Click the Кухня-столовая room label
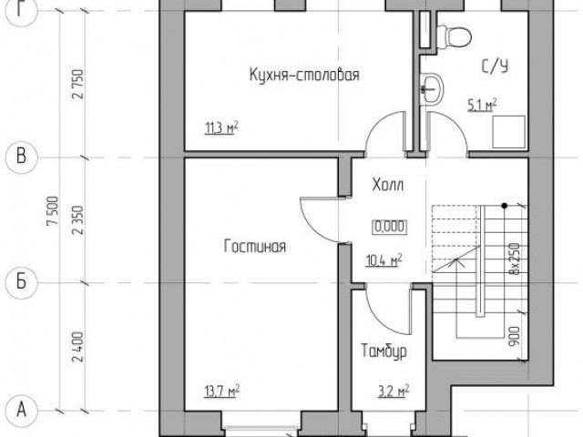(304, 75)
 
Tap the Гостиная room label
(255, 247)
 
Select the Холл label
(388, 185)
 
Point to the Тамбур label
(384, 351)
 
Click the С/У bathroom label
(495, 66)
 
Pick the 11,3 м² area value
(221, 128)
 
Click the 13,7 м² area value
(221, 391)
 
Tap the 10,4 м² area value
(384, 260)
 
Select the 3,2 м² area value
(394, 391)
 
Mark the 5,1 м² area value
(482, 106)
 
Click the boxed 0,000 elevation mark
(389, 227)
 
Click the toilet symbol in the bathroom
(454, 36)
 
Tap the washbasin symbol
(431, 88)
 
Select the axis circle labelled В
(21, 157)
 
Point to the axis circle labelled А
(21, 411)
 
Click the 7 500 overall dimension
(53, 210)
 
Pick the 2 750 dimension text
(78, 84)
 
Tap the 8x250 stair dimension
(514, 259)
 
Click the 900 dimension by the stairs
(514, 337)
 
